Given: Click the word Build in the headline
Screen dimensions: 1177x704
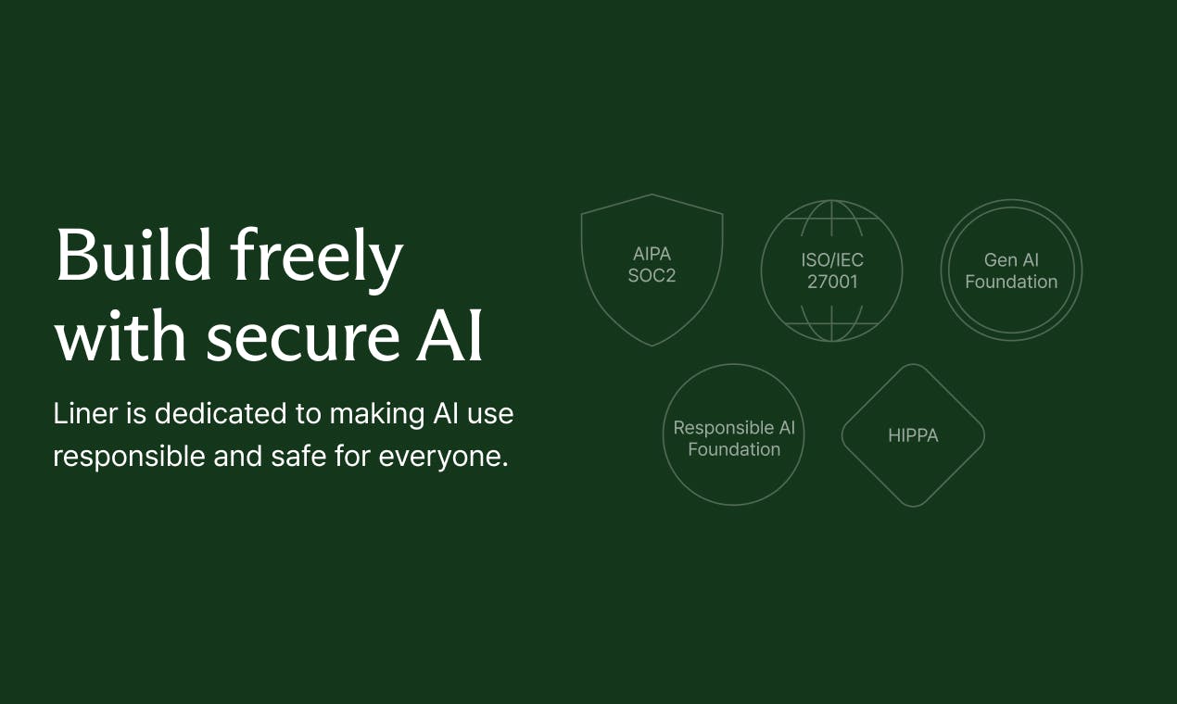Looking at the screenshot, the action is (133, 255).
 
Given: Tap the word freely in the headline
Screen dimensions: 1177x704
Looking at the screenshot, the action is (316, 259).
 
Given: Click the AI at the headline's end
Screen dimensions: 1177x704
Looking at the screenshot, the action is (449, 334).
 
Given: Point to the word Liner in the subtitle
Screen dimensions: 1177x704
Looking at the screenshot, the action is (85, 413).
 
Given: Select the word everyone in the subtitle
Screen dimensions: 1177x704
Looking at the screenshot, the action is (444, 457).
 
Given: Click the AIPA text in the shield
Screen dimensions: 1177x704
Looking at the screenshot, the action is (652, 254).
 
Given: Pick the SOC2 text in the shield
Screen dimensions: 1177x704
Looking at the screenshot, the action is (652, 276).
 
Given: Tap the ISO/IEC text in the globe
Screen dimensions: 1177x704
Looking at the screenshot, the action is (832, 259).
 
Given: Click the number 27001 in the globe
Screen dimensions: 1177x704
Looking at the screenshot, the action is (832, 282).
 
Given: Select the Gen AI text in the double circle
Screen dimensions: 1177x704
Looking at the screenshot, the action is (1011, 259).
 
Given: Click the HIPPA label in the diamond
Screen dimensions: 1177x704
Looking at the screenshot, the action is (913, 435).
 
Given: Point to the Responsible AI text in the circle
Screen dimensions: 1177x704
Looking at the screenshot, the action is (734, 428).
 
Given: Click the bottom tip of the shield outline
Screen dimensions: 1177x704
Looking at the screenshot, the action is (652, 346).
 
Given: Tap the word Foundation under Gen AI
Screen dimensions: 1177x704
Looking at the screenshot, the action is (1011, 282).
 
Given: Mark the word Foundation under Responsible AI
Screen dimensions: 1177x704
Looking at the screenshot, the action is (734, 449).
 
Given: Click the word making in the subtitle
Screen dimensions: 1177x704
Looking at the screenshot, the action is (377, 414).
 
